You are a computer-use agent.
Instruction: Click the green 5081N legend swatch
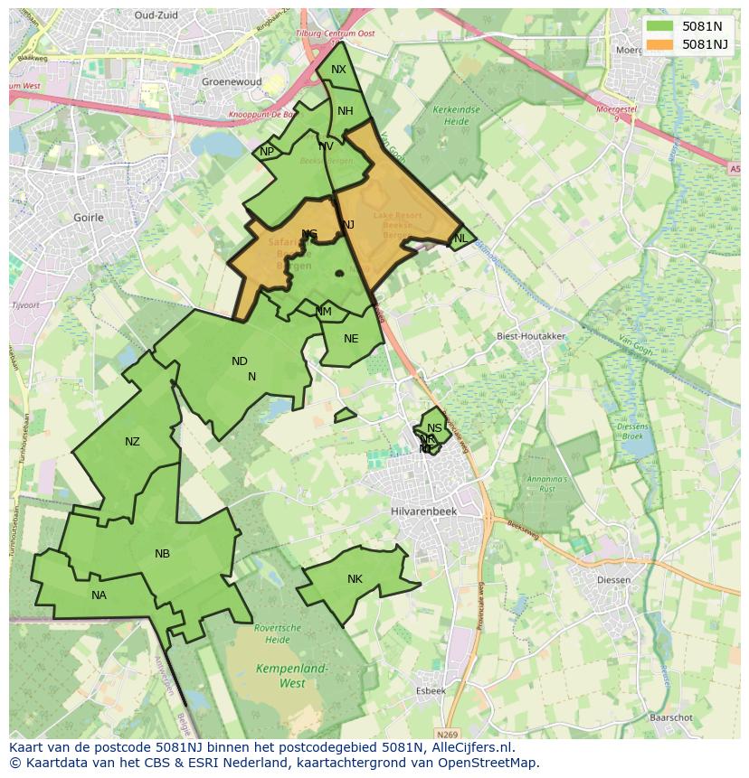coord(660,25)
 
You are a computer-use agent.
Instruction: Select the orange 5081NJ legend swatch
coord(660,43)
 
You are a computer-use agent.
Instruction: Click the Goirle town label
coord(88,218)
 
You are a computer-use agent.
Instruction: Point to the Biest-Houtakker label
coord(531,336)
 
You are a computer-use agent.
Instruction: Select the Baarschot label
coord(670,717)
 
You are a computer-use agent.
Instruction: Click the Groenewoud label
coord(231,81)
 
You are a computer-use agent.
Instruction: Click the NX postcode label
coord(338,70)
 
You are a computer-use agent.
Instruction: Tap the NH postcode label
coord(346,111)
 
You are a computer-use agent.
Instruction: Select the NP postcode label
coord(267,152)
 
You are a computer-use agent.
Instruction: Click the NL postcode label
coord(460,239)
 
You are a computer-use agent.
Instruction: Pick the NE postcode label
coord(351,339)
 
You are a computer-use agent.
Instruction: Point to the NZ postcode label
coord(132,442)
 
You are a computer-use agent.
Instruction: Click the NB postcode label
coord(162,554)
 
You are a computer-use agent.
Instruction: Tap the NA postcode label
coord(99,595)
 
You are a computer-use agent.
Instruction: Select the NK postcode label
coord(355,579)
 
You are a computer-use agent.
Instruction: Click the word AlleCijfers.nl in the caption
coord(470,747)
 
